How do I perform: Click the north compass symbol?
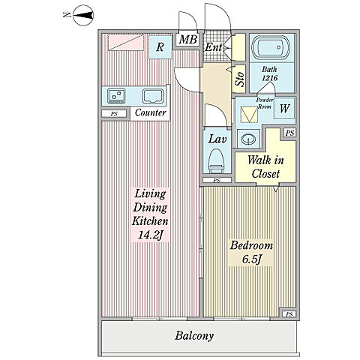coord(83,15)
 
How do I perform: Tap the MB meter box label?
coord(188,40)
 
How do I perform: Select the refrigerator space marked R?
coord(160,47)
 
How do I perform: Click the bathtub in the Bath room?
coord(271,48)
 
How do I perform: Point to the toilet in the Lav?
coord(216,160)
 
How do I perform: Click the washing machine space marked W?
coord(284,108)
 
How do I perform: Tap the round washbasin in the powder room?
coord(248,139)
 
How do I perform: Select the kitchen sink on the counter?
coord(153,96)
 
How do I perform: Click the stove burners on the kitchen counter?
coord(116,96)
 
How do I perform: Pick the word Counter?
coord(150,112)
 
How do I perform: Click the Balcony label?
coord(194,336)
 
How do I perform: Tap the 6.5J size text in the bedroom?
coord(251,259)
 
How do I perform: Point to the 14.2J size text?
coord(150,235)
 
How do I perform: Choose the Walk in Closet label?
coord(265,166)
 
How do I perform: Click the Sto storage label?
coord(240,79)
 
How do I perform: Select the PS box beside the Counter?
coord(114,114)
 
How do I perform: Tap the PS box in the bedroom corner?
coord(289,314)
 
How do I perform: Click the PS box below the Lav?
coord(217,180)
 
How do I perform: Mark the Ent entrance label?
coord(213,47)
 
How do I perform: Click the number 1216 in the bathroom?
coord(270,78)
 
